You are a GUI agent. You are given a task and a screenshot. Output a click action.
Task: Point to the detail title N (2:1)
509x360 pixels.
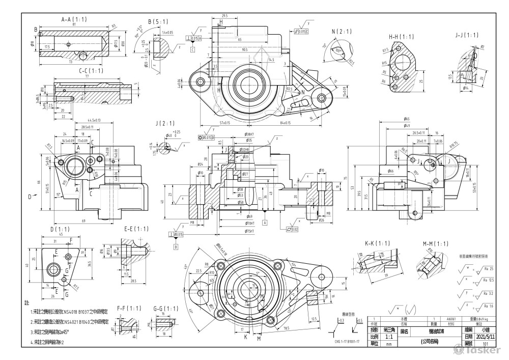tap(342, 32)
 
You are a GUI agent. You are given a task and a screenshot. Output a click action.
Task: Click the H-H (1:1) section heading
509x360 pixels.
tap(402, 37)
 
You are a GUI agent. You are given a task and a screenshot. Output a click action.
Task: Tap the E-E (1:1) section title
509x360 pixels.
tap(136, 229)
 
